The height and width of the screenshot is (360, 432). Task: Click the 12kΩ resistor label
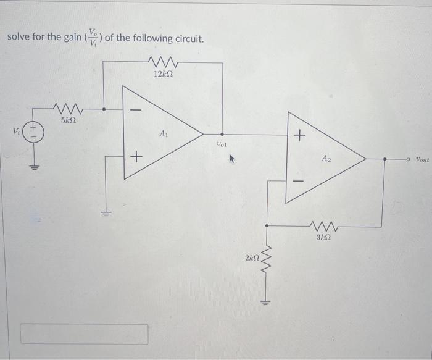[x=163, y=74]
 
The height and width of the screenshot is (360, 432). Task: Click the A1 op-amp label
[x=164, y=133]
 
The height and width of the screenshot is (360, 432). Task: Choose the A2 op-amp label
[x=326, y=159]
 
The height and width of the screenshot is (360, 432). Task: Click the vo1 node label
[x=222, y=144]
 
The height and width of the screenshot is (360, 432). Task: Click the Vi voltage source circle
[x=34, y=132]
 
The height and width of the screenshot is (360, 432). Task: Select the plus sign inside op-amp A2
[x=299, y=135]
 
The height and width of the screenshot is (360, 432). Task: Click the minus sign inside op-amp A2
[x=299, y=181]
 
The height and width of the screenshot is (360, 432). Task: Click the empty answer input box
[x=85, y=334]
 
